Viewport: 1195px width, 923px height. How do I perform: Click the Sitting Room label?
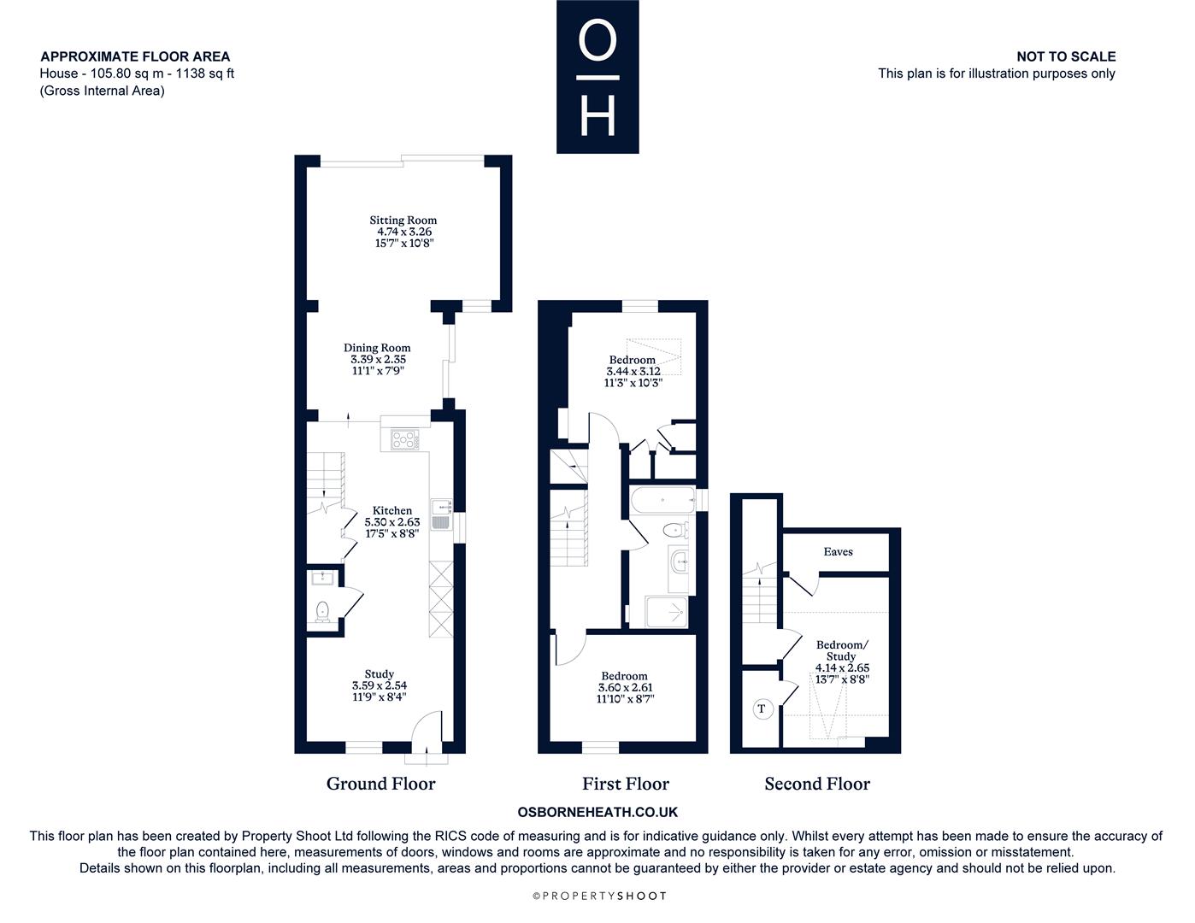403,220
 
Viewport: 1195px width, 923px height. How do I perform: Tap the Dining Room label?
377,348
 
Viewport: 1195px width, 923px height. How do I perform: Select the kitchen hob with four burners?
404,440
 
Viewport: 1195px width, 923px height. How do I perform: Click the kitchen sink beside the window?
441,514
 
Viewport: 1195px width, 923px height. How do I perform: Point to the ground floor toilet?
322,612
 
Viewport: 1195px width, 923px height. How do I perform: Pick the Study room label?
379,674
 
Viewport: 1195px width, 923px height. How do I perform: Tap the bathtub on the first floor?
662,500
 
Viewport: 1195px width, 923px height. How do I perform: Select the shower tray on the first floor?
666,612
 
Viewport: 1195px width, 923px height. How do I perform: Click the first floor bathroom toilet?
674,531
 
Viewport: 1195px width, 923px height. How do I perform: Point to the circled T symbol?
762,708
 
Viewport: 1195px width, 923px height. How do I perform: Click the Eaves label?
838,551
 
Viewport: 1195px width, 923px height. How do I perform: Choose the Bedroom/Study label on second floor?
842,650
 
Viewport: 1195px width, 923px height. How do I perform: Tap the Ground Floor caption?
380,784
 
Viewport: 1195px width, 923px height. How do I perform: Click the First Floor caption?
626,784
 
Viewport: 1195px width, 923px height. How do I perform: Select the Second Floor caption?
817,784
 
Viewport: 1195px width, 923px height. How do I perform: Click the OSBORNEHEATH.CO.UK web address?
597,812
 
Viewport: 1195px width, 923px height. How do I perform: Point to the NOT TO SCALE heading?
1066,56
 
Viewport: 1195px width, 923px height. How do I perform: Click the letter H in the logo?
597,116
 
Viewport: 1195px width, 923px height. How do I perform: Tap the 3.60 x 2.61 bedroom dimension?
626,687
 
